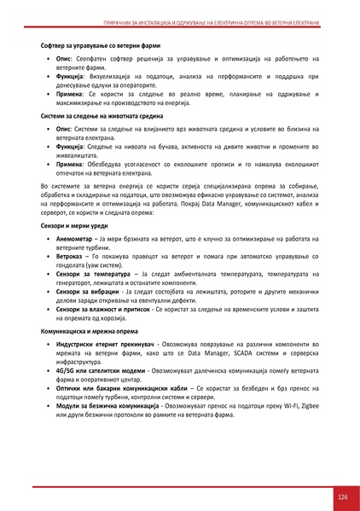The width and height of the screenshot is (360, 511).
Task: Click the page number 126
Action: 342,497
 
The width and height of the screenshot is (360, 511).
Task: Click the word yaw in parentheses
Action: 90,264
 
